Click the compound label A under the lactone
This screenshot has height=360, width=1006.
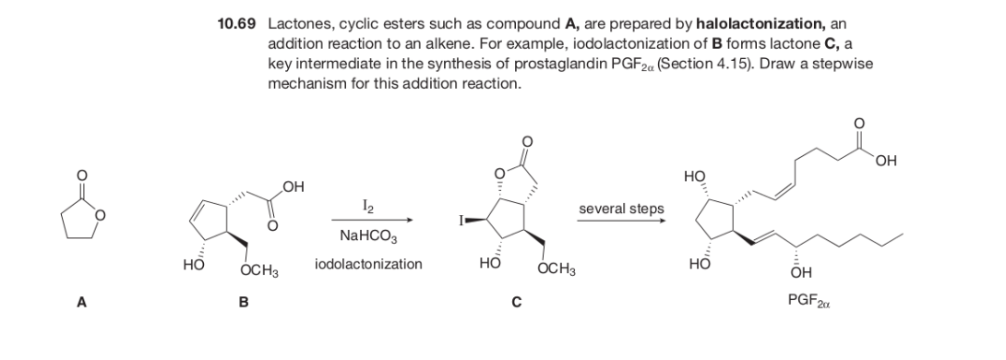click(79, 299)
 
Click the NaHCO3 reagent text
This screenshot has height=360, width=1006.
click(369, 237)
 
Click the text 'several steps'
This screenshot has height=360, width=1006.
click(622, 209)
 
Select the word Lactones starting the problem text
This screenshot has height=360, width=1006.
click(295, 21)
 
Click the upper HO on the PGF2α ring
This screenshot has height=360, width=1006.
click(695, 174)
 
